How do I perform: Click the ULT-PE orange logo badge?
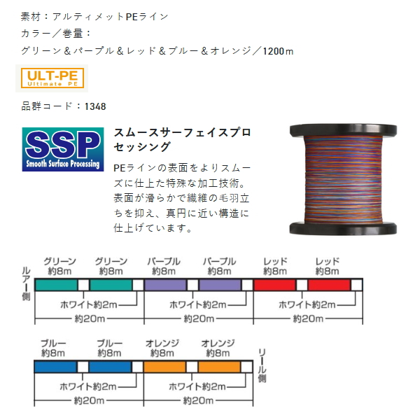tap(52, 78)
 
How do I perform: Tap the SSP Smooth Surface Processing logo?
tap(63, 149)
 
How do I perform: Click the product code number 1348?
tap(95, 106)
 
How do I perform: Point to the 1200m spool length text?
tap(278, 51)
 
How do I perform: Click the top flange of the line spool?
tap(344, 130)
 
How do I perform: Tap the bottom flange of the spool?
tap(343, 228)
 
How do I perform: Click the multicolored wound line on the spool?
tap(344, 179)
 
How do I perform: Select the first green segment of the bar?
tap(57, 285)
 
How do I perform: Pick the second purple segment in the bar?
tap(220, 285)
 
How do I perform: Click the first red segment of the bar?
tap(275, 285)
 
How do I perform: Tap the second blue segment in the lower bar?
tap(110, 367)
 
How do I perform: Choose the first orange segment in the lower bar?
tap(164, 367)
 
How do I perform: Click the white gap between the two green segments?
tap(83, 285)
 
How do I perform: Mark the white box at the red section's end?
tap(356, 285)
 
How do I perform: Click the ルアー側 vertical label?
tap(27, 283)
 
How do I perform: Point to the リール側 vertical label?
tap(262, 365)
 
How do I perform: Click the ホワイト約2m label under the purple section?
tap(198, 304)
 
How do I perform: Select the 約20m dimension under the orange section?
tap(198, 400)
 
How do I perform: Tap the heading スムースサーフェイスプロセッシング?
tap(183, 139)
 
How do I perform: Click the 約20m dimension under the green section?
tap(90, 318)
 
